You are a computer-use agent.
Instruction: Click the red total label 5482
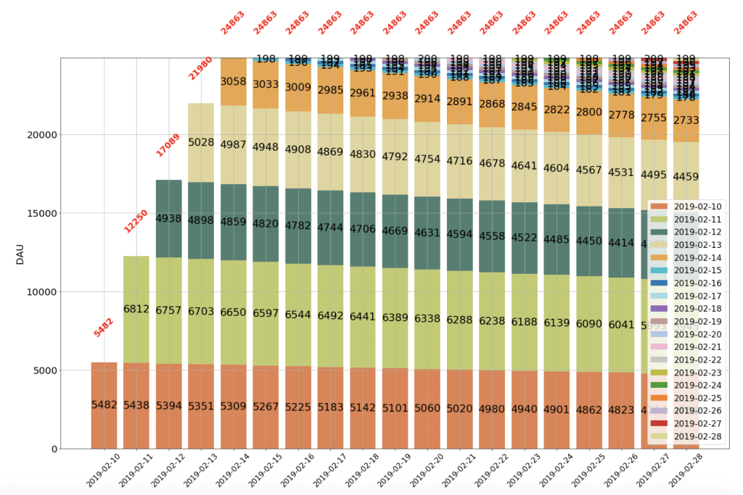pos(104,327)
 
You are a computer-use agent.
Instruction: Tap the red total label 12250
pos(136,221)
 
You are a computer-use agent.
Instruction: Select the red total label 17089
pos(168,145)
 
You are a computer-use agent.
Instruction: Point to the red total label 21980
pos(200,68)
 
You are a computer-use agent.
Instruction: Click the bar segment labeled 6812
pos(136,309)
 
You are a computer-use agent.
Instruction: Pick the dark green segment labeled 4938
pos(168,218)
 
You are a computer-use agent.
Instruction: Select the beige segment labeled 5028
pos(201,142)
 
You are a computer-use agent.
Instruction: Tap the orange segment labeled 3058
pos(233,81)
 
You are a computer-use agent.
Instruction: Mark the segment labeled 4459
pos(686,176)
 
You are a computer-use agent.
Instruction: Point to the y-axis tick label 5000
pos(44,370)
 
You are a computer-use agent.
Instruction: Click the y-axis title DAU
pos(20,253)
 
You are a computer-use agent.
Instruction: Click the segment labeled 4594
pos(459,234)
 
